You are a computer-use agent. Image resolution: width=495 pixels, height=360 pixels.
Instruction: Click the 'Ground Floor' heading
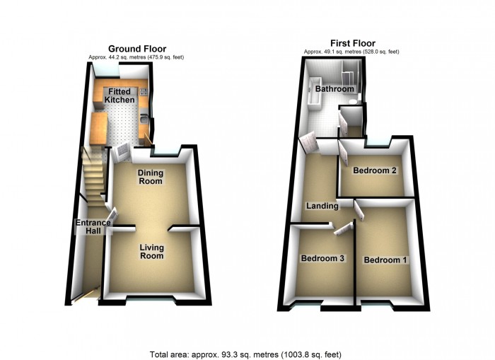[x=137, y=49]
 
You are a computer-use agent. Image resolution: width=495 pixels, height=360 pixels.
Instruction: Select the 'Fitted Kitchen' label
[x=120, y=96]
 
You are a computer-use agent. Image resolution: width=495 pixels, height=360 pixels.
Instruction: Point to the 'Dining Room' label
[x=150, y=177]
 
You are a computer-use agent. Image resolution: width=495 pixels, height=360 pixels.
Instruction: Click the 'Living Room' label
[x=151, y=251]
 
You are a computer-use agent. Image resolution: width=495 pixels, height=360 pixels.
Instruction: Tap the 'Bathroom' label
[x=334, y=90]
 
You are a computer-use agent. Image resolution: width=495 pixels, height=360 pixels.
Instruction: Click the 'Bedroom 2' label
[x=373, y=171]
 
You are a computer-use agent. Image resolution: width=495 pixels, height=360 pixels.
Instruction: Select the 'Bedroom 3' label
[x=322, y=259]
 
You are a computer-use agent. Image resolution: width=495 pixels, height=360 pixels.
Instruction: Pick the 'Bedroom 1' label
[x=385, y=260]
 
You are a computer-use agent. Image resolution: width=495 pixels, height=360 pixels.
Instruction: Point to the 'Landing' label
[x=320, y=207]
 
